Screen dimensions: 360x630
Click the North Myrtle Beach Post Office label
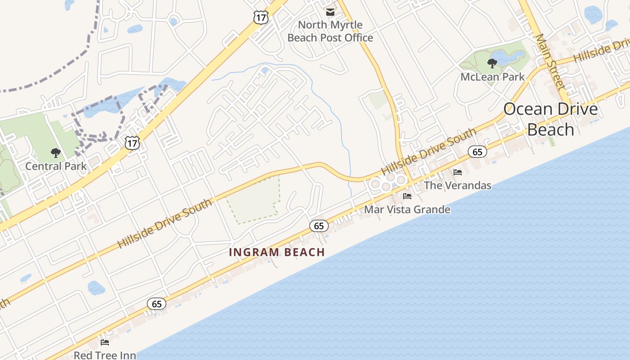[x=330, y=31]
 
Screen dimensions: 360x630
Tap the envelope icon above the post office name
[x=330, y=12]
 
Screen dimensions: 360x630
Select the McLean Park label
[x=492, y=77]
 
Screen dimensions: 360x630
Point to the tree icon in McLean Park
[x=492, y=63]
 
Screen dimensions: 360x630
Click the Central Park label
[x=56, y=166]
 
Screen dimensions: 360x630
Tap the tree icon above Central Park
[x=56, y=153]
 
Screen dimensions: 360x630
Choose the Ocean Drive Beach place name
[x=550, y=119]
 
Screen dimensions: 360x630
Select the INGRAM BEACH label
[x=277, y=252]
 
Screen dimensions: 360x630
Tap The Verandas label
[x=457, y=185]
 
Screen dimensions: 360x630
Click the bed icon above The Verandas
[x=458, y=172]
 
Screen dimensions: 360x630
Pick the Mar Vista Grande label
[x=407, y=209]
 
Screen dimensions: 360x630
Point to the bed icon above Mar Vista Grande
[x=407, y=196]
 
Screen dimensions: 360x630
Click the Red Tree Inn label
[x=105, y=355]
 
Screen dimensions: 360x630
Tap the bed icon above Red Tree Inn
[x=105, y=342]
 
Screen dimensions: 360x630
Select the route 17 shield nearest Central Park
[x=132, y=144]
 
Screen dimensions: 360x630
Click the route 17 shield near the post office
[x=261, y=18]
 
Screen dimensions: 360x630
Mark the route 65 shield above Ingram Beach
[x=319, y=226]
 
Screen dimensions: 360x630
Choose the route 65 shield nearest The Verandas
[x=477, y=152]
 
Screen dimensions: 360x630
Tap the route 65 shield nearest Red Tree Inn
[x=157, y=304]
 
